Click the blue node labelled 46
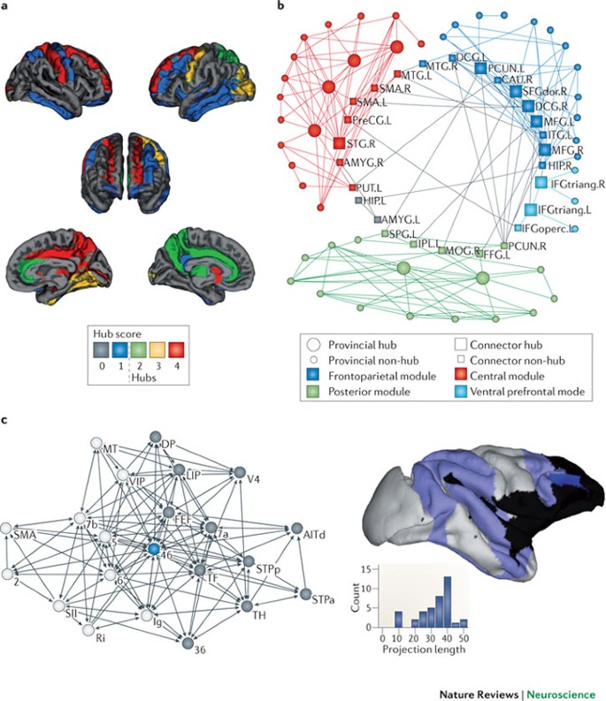[154, 550]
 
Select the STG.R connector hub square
[339, 143]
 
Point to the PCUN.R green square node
[504, 246]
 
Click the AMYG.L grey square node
[378, 218]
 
